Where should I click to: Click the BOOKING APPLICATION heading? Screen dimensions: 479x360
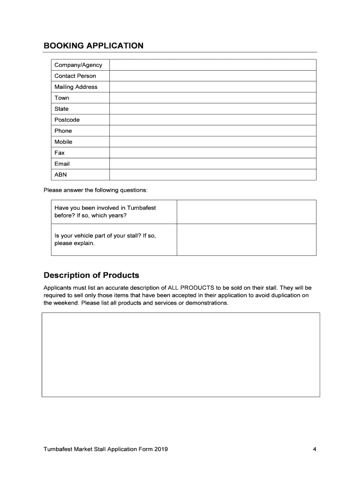point(94,46)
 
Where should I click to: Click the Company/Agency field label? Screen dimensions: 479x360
point(78,65)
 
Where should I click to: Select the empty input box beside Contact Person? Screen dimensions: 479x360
point(213,76)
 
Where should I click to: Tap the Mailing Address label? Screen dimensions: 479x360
point(76,87)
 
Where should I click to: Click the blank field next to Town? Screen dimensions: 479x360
point(213,98)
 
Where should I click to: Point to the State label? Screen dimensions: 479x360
point(61,109)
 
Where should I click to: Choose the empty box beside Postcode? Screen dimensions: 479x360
point(213,120)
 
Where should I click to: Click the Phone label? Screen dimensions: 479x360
point(63,131)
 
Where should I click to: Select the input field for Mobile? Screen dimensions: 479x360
point(213,142)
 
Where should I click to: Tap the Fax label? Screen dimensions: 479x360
point(59,153)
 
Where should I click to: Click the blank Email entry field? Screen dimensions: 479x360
point(213,164)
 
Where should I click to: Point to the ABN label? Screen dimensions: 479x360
point(61,175)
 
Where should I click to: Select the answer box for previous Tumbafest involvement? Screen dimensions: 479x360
point(246,212)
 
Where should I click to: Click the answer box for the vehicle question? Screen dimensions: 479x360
point(246,239)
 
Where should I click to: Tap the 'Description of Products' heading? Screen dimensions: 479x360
point(91,275)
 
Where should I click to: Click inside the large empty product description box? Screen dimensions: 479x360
point(181,355)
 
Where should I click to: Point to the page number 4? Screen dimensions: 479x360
point(315,450)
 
